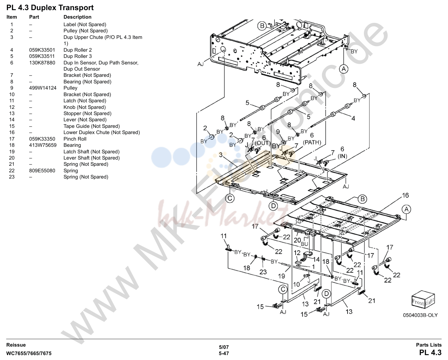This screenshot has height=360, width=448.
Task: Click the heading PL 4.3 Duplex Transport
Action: click(x=50, y=8)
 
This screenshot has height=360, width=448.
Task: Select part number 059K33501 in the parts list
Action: click(x=42, y=50)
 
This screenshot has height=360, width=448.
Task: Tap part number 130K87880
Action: click(x=42, y=62)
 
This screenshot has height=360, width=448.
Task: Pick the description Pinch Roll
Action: click(x=75, y=139)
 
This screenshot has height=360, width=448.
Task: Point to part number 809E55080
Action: click(x=42, y=171)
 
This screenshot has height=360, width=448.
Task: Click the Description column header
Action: click(x=78, y=17)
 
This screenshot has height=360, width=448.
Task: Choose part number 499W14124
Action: click(x=43, y=88)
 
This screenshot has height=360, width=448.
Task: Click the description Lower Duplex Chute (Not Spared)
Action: click(x=101, y=132)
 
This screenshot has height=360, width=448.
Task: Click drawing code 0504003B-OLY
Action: click(x=420, y=315)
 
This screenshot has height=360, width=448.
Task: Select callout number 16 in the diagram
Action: click(x=405, y=195)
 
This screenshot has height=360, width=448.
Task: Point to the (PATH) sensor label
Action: click(x=312, y=143)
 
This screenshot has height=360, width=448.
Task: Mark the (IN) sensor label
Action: click(x=342, y=156)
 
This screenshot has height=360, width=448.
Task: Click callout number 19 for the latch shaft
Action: click(x=281, y=276)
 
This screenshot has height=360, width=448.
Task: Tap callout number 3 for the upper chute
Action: click(x=221, y=155)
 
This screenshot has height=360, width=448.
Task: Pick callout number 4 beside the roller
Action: click(x=353, y=118)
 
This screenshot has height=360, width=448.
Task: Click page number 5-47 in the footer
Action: click(x=224, y=353)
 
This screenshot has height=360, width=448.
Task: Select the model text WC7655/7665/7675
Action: click(x=29, y=353)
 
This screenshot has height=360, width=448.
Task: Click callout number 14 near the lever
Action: click(x=316, y=259)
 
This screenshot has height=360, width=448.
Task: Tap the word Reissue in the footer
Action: click(x=16, y=345)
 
